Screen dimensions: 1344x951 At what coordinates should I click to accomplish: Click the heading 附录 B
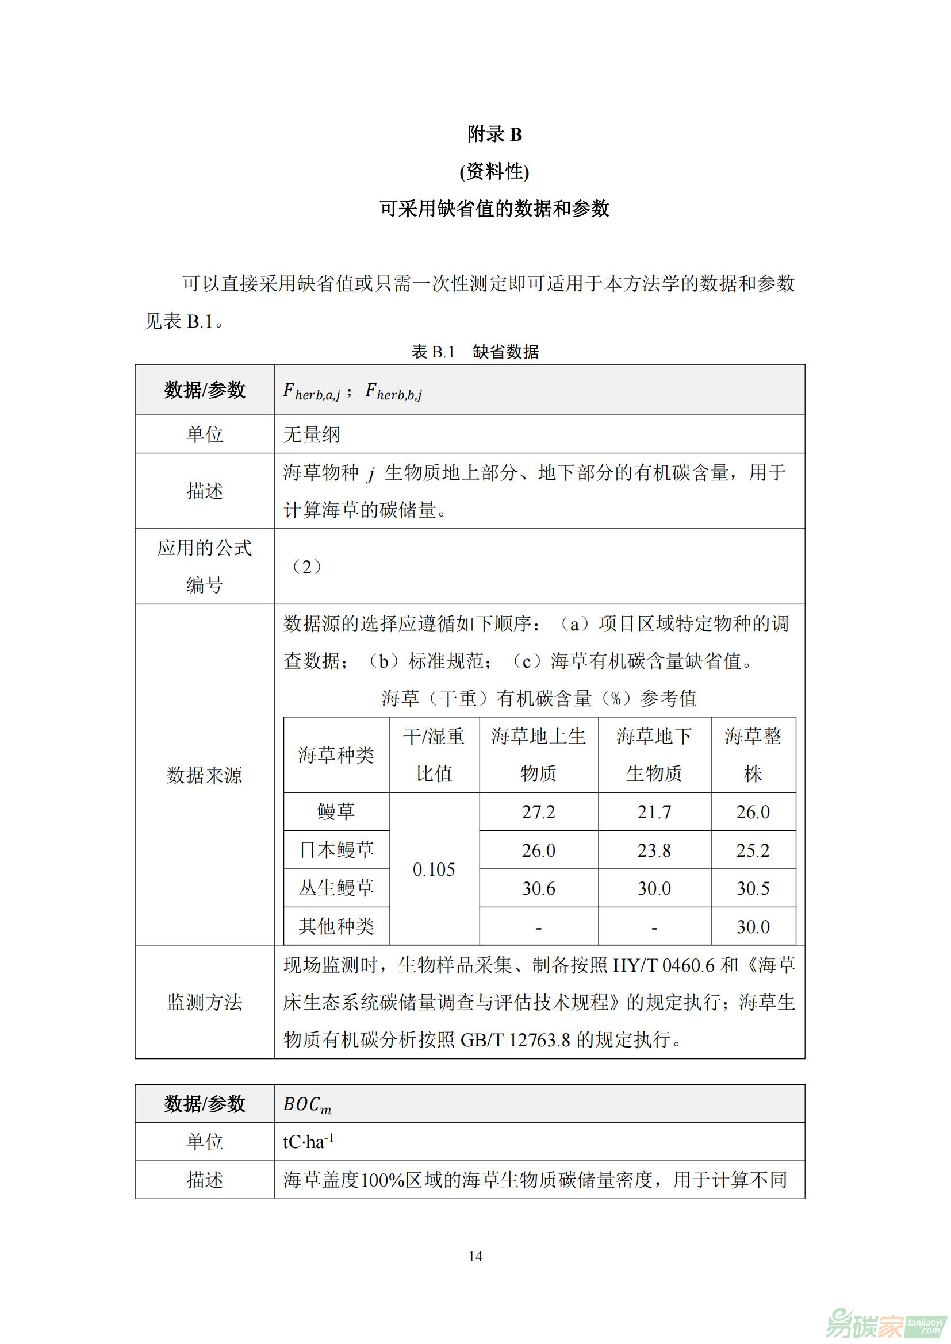coord(494,134)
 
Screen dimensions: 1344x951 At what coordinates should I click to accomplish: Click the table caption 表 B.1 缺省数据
coord(475,352)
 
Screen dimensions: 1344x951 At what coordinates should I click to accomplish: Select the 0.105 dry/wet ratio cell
coord(434,869)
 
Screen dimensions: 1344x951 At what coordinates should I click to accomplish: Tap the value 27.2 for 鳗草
coord(538,812)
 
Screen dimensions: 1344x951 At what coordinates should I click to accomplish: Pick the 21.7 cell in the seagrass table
coord(654,812)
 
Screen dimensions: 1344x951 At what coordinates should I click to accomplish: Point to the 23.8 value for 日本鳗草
coord(654,850)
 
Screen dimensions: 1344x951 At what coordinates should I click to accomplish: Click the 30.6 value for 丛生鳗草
coord(538,888)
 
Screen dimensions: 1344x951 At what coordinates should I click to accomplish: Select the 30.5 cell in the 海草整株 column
coord(753,888)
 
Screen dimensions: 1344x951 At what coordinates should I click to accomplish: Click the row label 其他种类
coord(336,926)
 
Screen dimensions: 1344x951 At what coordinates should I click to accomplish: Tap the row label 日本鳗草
coord(336,850)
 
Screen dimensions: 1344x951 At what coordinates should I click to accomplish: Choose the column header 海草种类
coord(336,755)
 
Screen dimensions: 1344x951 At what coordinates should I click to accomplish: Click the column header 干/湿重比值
coord(434,755)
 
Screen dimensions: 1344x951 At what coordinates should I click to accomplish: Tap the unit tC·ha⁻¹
coord(309,1142)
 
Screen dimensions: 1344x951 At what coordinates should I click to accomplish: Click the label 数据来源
coord(204,775)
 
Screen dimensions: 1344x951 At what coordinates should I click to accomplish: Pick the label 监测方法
coord(204,1002)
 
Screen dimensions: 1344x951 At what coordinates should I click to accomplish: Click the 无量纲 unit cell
coord(311,434)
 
